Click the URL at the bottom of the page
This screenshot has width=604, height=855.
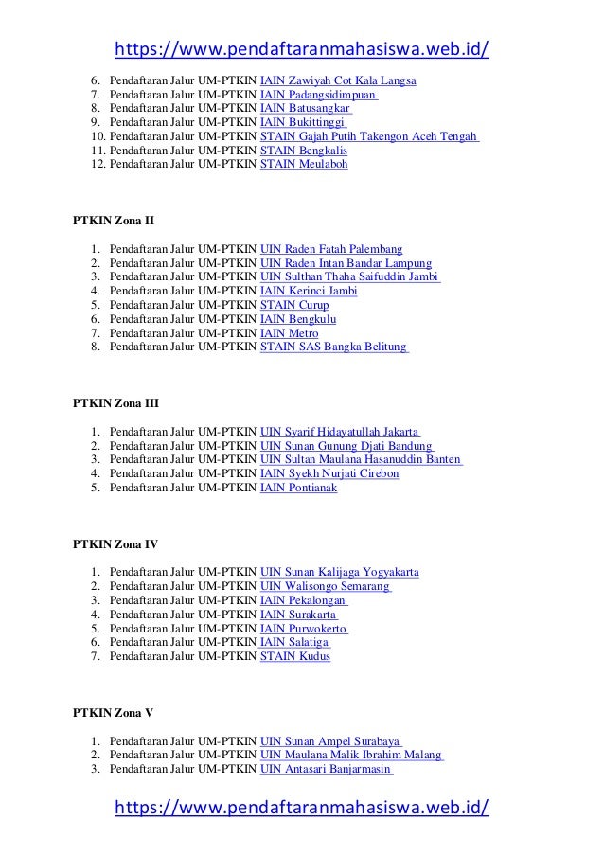tap(301, 807)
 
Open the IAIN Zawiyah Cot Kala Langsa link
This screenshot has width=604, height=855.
tap(338, 80)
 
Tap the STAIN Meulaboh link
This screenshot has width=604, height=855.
tap(304, 164)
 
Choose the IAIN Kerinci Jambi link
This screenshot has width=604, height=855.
tap(309, 291)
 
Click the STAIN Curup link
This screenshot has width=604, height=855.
tap(294, 305)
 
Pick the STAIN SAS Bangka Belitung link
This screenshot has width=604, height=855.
tap(334, 347)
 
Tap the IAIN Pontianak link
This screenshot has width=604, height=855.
tap(298, 488)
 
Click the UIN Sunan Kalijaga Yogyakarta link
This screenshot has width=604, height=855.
tap(341, 572)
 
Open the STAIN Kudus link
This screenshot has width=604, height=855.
tap(295, 656)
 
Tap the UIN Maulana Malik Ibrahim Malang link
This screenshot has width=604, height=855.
tap(351, 755)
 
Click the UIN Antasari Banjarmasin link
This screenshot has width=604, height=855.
tap(327, 769)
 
